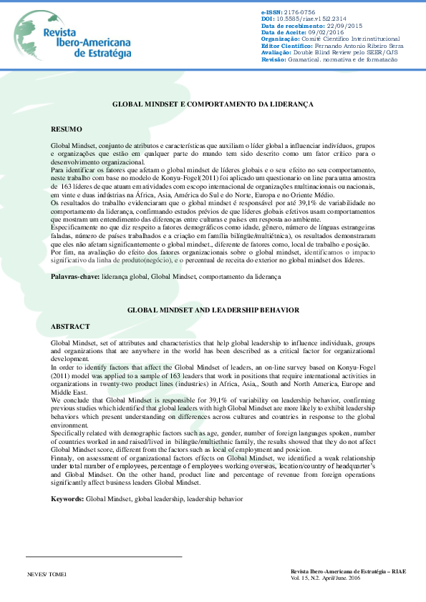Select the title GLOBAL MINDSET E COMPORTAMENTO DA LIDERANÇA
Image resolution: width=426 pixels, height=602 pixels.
(x=213, y=104)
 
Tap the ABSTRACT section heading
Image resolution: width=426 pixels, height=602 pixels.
(x=70, y=326)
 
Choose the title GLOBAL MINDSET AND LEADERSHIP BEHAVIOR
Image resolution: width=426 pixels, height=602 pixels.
(x=213, y=310)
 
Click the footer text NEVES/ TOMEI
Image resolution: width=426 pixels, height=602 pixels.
(x=46, y=574)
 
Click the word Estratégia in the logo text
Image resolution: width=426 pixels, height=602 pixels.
(x=103, y=53)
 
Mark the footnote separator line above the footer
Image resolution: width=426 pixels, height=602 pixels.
(x=104, y=556)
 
